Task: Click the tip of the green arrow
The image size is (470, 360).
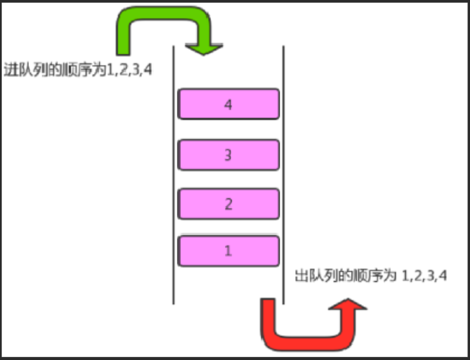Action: click(x=205, y=52)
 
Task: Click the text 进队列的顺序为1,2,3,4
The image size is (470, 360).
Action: click(x=78, y=70)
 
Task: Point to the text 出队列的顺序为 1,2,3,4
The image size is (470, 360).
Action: click(x=370, y=275)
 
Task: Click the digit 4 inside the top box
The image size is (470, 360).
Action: click(x=229, y=104)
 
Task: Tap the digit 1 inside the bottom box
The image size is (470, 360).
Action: click(x=228, y=251)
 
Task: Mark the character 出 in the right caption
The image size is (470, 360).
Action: click(x=301, y=275)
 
